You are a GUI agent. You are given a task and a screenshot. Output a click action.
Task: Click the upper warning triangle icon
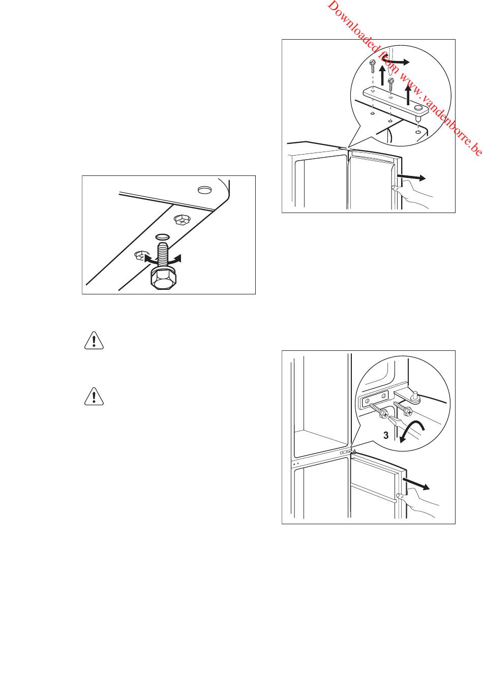[x=94, y=340]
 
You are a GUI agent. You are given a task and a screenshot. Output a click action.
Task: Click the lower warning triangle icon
[x=94, y=397]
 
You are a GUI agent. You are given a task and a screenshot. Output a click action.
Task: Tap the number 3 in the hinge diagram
[x=386, y=436]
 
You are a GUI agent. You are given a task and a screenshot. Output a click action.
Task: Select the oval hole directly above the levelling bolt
[x=162, y=237]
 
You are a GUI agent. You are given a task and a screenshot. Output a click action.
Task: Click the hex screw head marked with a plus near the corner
[x=182, y=220]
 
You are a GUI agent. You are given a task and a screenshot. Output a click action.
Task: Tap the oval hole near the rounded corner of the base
[x=204, y=190]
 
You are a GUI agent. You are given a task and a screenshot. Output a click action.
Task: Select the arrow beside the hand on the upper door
[x=411, y=177]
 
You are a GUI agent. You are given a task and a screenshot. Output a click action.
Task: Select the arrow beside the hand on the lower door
[x=416, y=483]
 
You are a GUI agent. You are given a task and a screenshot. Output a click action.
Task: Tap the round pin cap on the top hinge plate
[x=418, y=108]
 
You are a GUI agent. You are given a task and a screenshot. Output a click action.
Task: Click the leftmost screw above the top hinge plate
[x=373, y=66]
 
